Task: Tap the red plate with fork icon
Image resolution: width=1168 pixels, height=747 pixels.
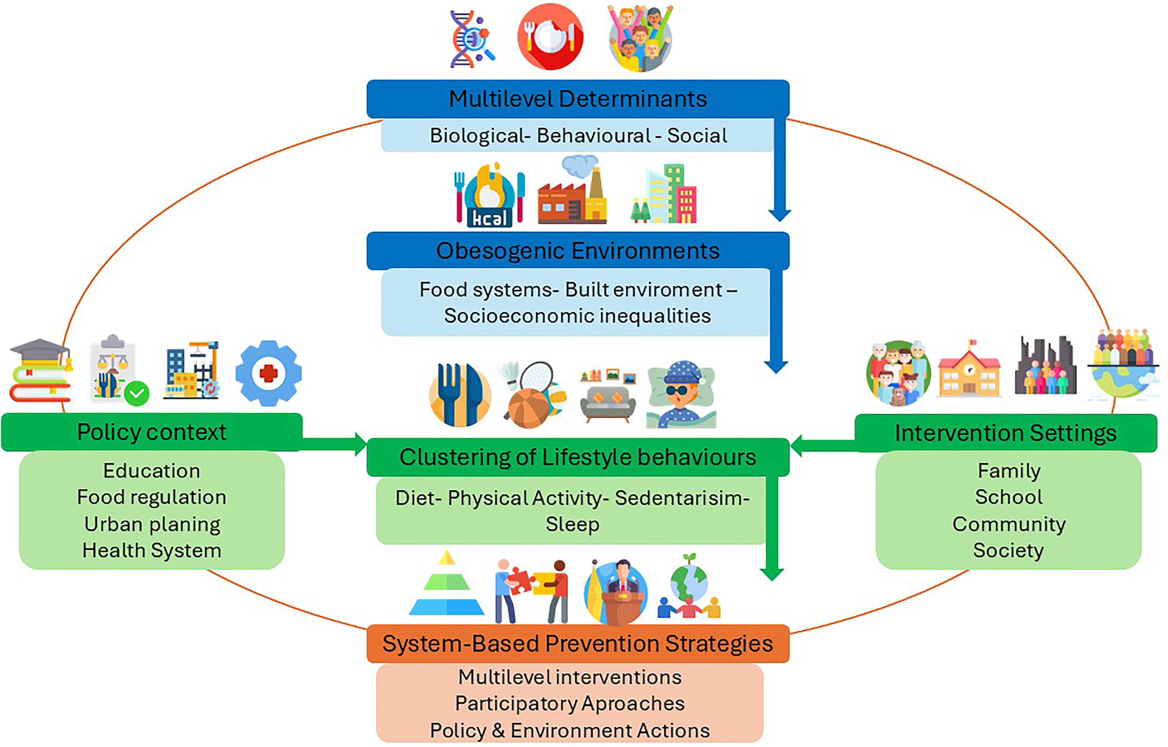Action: (550, 37)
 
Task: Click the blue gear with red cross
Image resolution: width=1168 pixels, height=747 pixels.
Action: (268, 373)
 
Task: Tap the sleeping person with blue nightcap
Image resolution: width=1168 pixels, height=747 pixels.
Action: (681, 395)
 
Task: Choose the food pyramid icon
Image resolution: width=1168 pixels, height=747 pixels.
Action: (447, 583)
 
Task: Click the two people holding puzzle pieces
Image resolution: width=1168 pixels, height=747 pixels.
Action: (532, 591)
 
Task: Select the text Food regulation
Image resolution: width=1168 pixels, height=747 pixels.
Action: (152, 497)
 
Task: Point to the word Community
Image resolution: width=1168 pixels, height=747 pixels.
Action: (1009, 524)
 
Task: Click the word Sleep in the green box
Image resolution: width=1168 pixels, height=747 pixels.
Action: (572, 524)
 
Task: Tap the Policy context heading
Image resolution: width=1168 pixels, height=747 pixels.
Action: (152, 432)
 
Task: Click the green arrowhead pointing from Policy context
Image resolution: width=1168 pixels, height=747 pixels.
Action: (361, 445)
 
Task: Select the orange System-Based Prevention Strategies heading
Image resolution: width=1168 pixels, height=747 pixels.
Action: (578, 644)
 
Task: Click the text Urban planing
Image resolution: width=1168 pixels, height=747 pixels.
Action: (152, 524)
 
